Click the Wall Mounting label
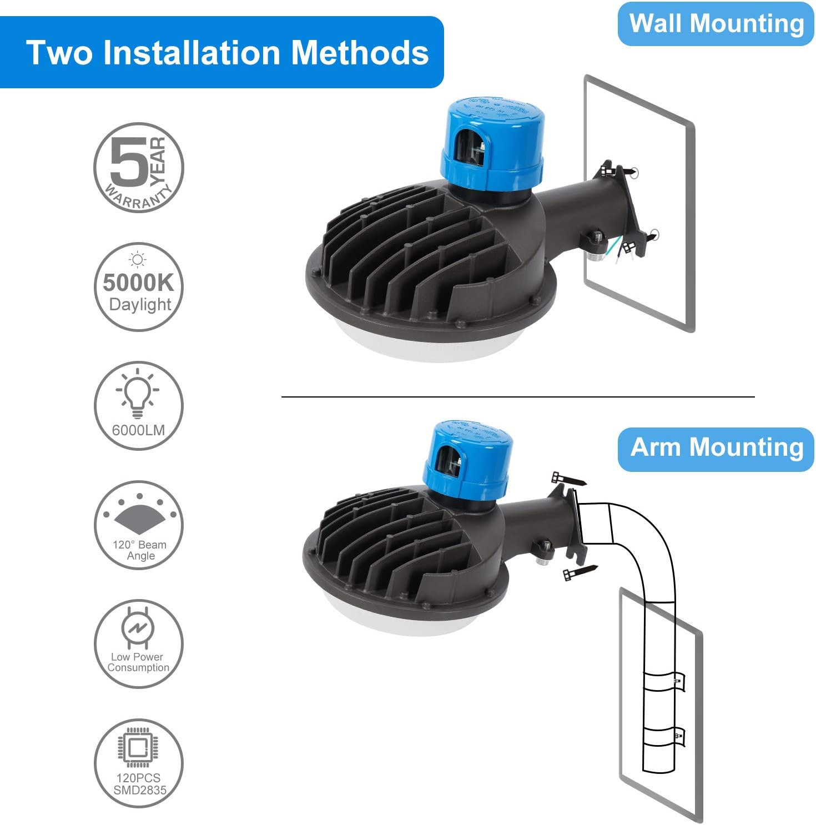coord(716,24)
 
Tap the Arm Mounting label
coord(716,448)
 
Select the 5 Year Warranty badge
coord(138,167)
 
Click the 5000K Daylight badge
coord(138,287)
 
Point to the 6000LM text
coord(138,430)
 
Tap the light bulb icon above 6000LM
coord(137,393)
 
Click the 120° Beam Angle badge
coord(138,525)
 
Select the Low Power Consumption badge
coord(138,644)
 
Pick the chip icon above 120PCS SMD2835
coord(138,747)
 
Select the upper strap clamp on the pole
coord(663,681)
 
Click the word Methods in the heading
coord(360,53)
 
